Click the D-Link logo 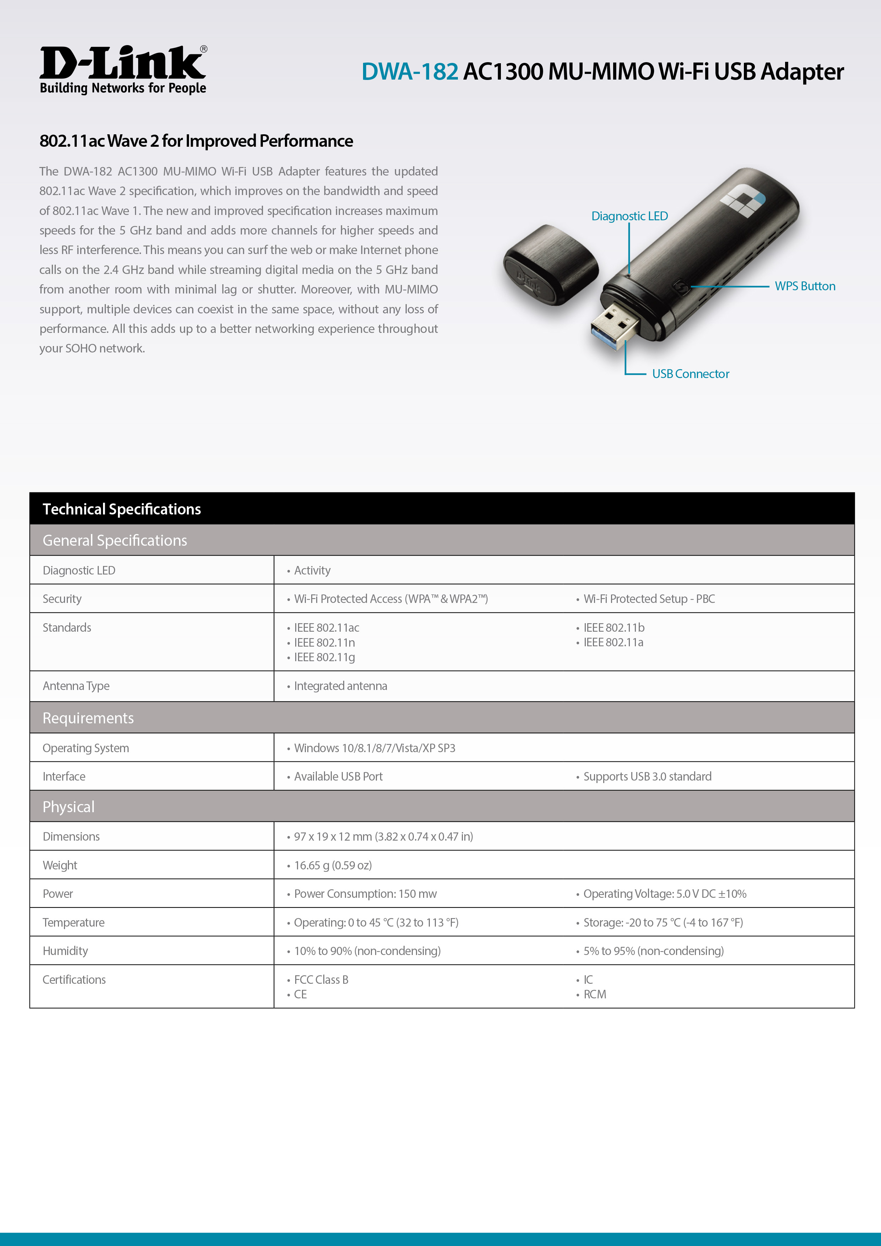[x=123, y=70]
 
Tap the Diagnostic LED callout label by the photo [x=629, y=216]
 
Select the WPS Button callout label [x=805, y=286]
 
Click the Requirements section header [x=88, y=718]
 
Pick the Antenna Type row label [x=76, y=686]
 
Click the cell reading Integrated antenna [x=340, y=686]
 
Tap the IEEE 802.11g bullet [x=324, y=657]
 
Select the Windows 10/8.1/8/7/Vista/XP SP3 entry [x=374, y=748]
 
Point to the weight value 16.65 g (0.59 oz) [x=333, y=865]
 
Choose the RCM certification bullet [x=595, y=994]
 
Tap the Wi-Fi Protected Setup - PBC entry [x=649, y=599]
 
